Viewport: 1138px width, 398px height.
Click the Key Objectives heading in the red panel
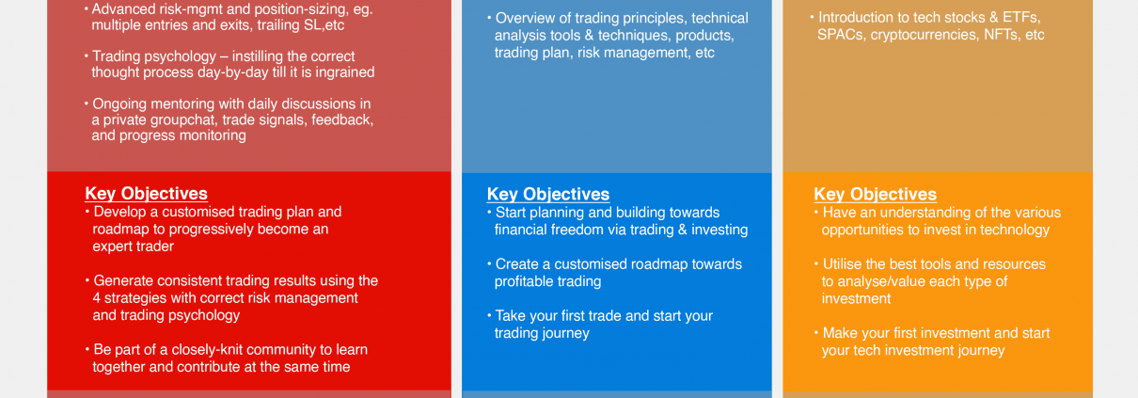click(x=147, y=194)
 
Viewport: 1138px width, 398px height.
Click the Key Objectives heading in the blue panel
click(x=548, y=194)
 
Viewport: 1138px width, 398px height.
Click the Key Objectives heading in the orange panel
click(x=876, y=194)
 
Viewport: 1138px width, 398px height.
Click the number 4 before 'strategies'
click(x=97, y=298)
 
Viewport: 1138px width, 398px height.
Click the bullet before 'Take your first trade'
click(x=489, y=315)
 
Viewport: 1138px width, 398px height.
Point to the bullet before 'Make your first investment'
click(x=816, y=332)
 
